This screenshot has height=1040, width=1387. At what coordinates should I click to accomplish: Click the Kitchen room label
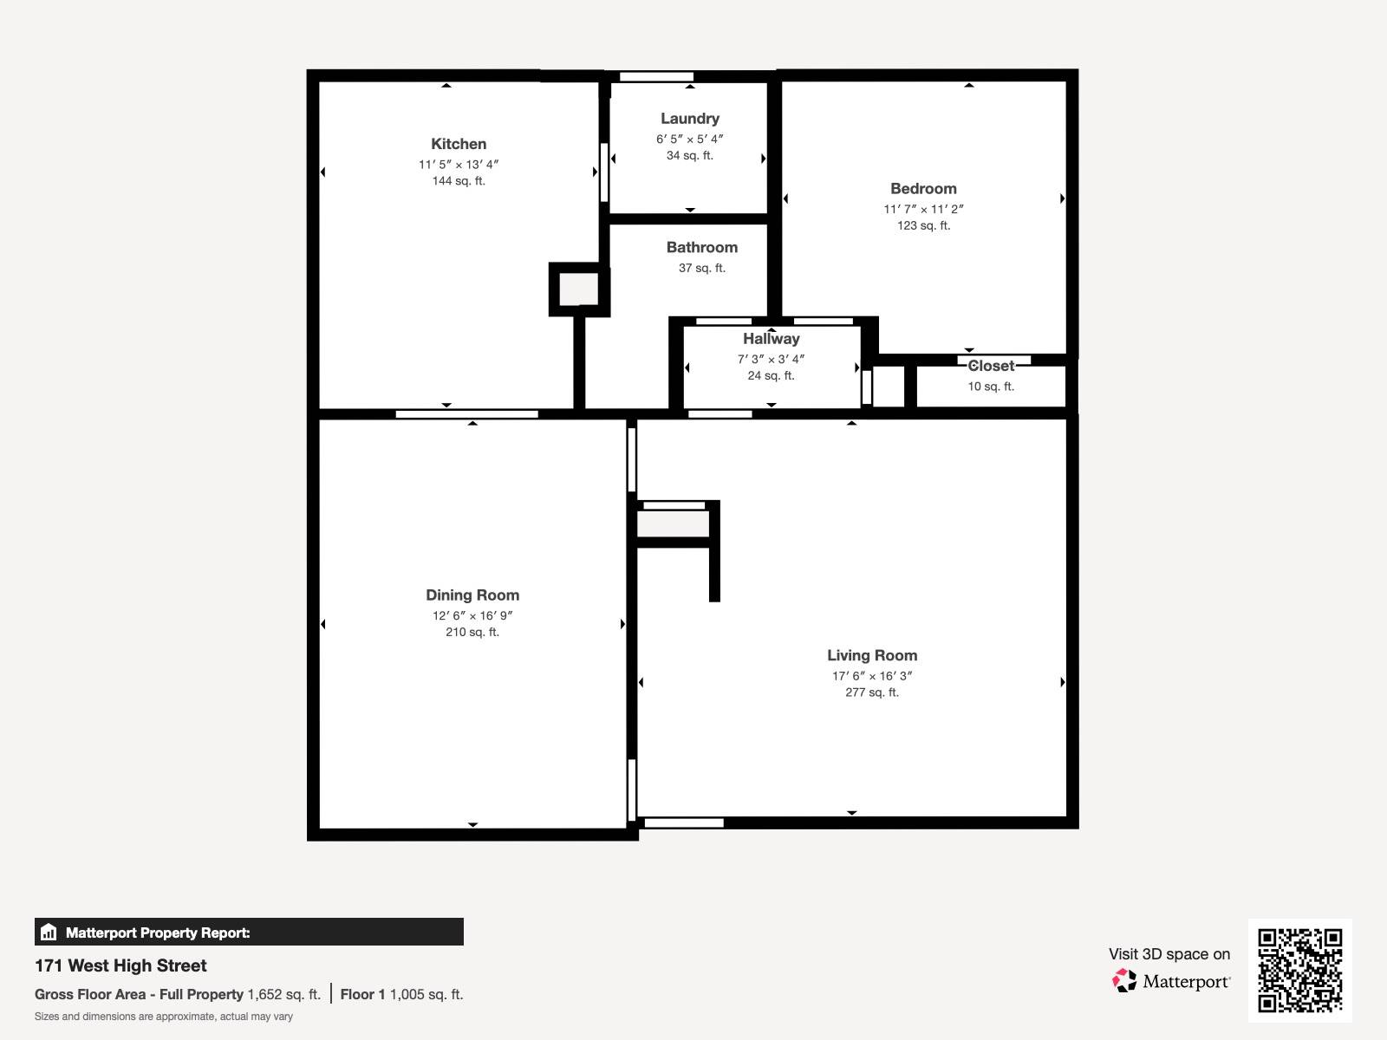tap(458, 144)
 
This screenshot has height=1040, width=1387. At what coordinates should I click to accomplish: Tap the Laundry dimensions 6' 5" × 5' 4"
tap(689, 139)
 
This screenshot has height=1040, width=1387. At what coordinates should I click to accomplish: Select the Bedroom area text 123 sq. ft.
tap(923, 225)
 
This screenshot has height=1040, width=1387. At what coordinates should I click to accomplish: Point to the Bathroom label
tap(702, 248)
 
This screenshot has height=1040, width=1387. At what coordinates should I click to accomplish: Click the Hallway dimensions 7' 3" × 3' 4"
tap(771, 360)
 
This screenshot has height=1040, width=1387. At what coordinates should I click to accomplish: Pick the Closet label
tap(991, 367)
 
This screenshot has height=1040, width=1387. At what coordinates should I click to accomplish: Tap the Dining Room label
tap(472, 595)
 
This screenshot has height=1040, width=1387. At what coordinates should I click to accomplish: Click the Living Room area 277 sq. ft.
tap(872, 692)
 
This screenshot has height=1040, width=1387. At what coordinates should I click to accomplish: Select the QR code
tap(1299, 971)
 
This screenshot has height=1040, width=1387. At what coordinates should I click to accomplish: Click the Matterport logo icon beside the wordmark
tap(1124, 981)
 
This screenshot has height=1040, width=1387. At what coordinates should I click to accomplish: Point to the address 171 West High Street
tap(120, 965)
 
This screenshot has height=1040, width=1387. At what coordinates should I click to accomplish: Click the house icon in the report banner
tap(49, 932)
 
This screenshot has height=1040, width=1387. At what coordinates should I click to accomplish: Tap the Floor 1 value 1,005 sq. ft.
tap(427, 995)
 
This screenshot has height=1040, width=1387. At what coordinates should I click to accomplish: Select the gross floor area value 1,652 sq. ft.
tap(283, 995)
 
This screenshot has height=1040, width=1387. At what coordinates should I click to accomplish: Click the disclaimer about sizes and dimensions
tap(164, 1017)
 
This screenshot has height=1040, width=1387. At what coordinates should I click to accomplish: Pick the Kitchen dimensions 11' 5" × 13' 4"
tap(458, 165)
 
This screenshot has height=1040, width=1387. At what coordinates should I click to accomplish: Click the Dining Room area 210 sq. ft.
tap(472, 632)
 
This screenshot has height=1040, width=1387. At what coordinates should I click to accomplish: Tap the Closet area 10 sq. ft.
tap(991, 387)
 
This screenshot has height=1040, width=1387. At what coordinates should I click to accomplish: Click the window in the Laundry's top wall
tap(656, 77)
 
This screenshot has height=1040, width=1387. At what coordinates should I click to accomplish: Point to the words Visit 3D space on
tap(1169, 954)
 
